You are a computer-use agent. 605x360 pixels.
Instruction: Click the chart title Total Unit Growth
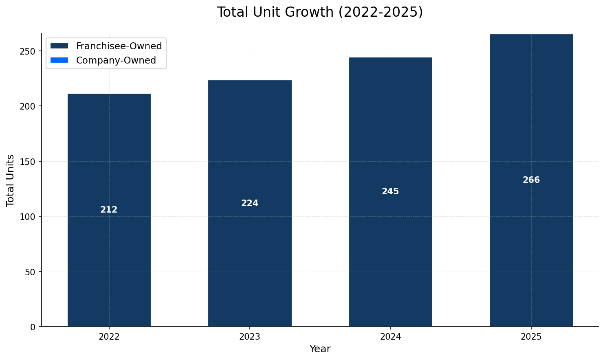pyautogui.click(x=320, y=12)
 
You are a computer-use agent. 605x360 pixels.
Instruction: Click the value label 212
pyautogui.click(x=109, y=210)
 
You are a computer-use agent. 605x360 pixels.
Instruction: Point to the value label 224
pyautogui.click(x=250, y=203)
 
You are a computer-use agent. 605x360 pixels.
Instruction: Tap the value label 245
pyautogui.click(x=390, y=191)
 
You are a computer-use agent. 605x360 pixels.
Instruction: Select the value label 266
pyautogui.click(x=531, y=180)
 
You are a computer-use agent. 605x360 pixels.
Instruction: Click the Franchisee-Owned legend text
pyautogui.click(x=119, y=46)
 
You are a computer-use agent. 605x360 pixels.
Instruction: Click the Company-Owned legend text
pyautogui.click(x=116, y=60)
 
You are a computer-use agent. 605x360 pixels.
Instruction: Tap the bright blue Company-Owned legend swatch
pyautogui.click(x=59, y=60)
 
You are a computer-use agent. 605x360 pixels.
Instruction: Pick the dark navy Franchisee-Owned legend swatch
pyautogui.click(x=59, y=46)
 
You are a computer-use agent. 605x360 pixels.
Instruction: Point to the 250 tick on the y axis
pyautogui.click(x=29, y=51)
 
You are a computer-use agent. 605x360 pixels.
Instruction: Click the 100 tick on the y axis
pyautogui.click(x=29, y=217)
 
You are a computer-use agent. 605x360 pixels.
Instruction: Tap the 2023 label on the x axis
pyautogui.click(x=250, y=337)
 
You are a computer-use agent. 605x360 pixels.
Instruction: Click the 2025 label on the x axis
pyautogui.click(x=531, y=337)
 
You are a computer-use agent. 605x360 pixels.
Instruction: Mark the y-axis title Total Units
pyautogui.click(x=11, y=180)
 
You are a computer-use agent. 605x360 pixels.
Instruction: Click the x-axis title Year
pyautogui.click(x=320, y=349)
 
